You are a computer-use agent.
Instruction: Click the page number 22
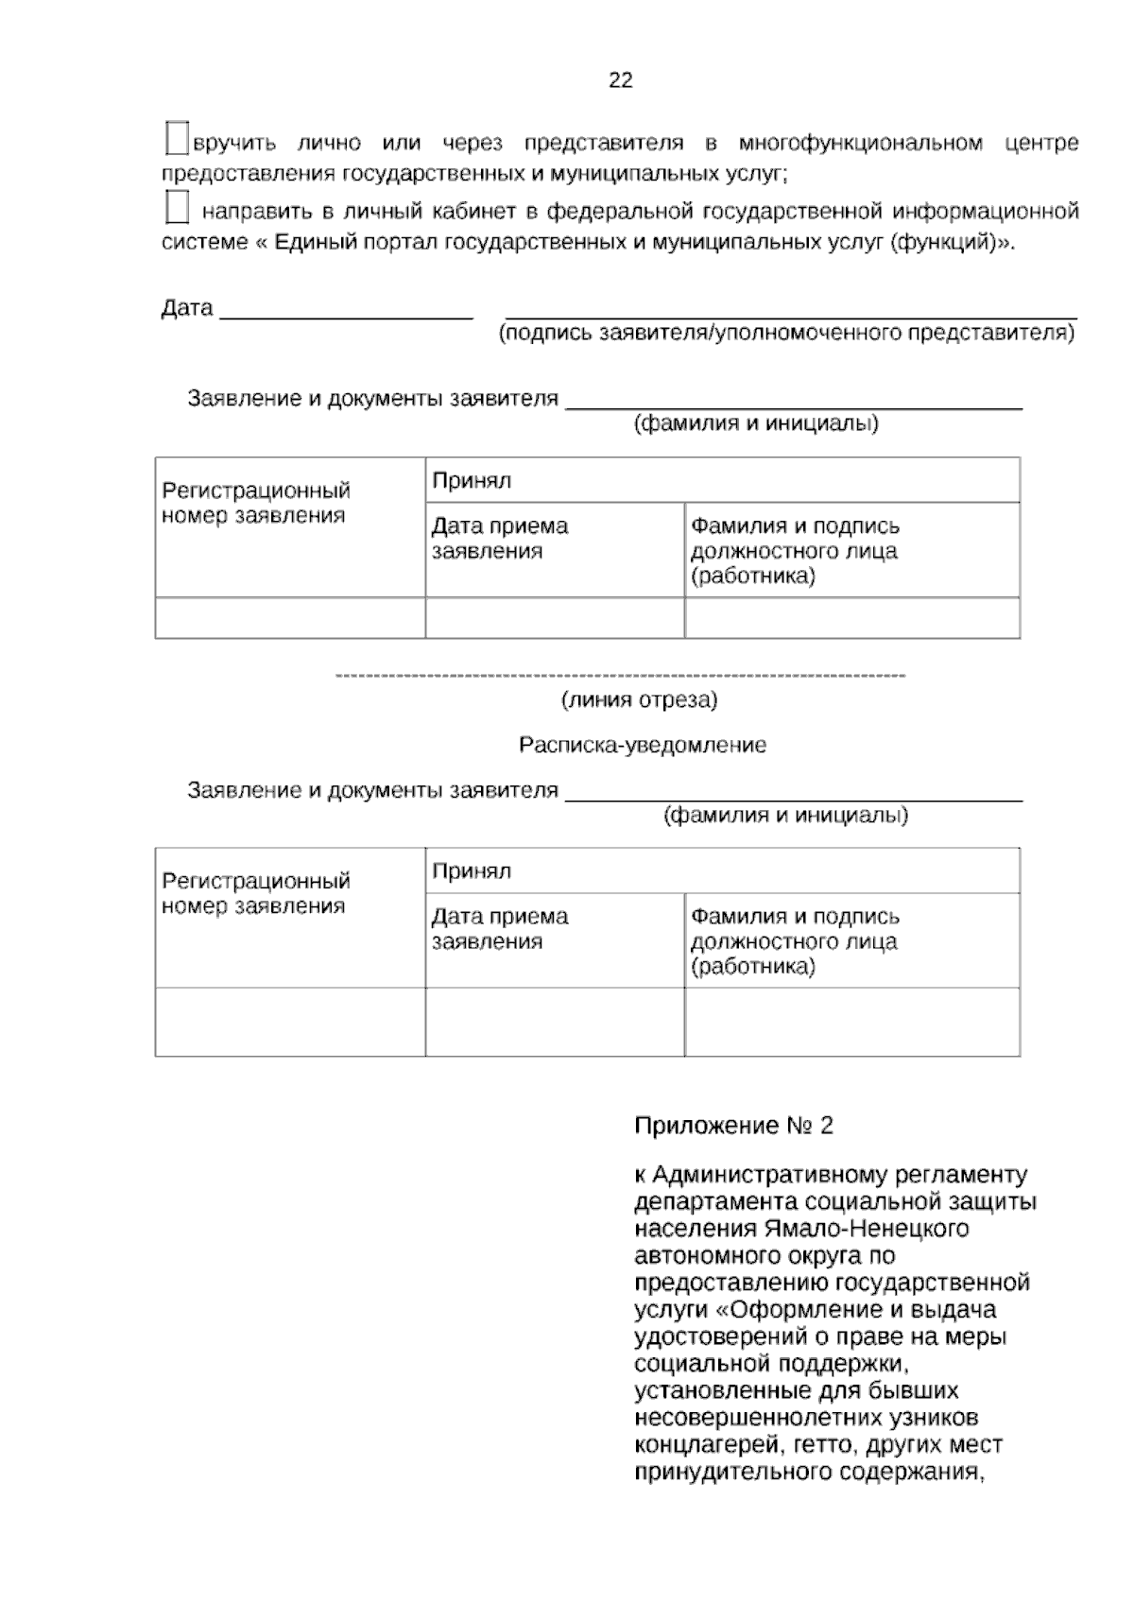pos(620,80)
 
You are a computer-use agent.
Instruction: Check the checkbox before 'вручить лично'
pos(177,138)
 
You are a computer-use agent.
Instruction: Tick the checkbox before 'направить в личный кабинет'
pos(177,207)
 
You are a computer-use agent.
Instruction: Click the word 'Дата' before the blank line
pos(186,308)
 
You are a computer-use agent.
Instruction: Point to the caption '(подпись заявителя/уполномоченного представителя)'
pos(786,333)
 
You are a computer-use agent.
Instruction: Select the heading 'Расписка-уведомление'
pos(643,745)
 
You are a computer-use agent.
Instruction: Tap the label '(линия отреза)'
pos(640,700)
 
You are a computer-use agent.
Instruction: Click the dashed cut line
pos(620,676)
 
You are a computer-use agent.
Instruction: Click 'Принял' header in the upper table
pos(472,480)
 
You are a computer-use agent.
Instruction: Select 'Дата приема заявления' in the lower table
pos(500,928)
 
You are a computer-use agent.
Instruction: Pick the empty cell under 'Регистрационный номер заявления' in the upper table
pos(290,618)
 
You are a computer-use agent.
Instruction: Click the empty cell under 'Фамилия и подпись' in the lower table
pos(851,1022)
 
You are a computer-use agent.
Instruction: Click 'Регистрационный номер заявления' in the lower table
pos(255,893)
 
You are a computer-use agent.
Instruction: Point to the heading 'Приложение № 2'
pos(733,1125)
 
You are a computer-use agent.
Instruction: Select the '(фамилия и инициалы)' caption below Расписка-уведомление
pos(785,815)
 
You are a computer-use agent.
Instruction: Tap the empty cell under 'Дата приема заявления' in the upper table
pos(555,618)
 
